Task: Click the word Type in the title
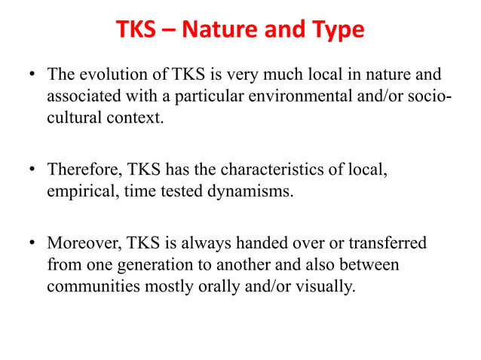(336, 31)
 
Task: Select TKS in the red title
(137, 31)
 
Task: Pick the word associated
(82, 97)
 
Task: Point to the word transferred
(388, 243)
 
